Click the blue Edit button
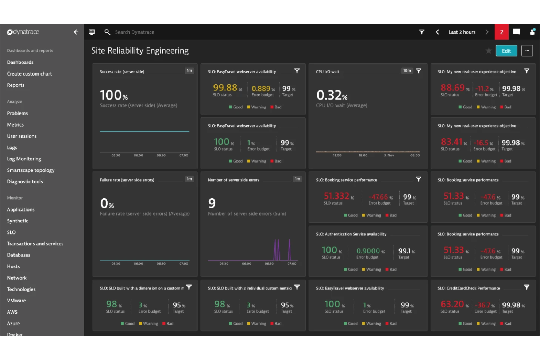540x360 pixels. tap(506, 51)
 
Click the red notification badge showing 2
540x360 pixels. tap(501, 32)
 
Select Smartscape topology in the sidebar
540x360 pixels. tap(31, 170)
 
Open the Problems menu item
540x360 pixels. tap(18, 113)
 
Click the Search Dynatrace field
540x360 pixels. tap(135, 32)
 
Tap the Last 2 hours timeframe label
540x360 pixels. tap(462, 32)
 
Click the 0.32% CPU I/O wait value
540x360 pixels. tap(332, 96)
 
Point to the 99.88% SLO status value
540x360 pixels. tap(225, 88)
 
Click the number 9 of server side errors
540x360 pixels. tap(212, 203)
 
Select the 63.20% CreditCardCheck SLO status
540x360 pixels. tap(452, 304)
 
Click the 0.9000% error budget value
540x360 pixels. tap(369, 251)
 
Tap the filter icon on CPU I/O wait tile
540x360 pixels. tap(418, 71)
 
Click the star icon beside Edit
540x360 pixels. tap(489, 51)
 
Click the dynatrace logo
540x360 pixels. tap(23, 32)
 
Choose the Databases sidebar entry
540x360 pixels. tap(19, 255)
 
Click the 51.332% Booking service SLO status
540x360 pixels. tap(337, 196)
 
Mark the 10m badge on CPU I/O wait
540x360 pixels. tap(407, 71)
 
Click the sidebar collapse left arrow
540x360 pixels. tap(76, 32)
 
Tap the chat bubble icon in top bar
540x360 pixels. tap(516, 32)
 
